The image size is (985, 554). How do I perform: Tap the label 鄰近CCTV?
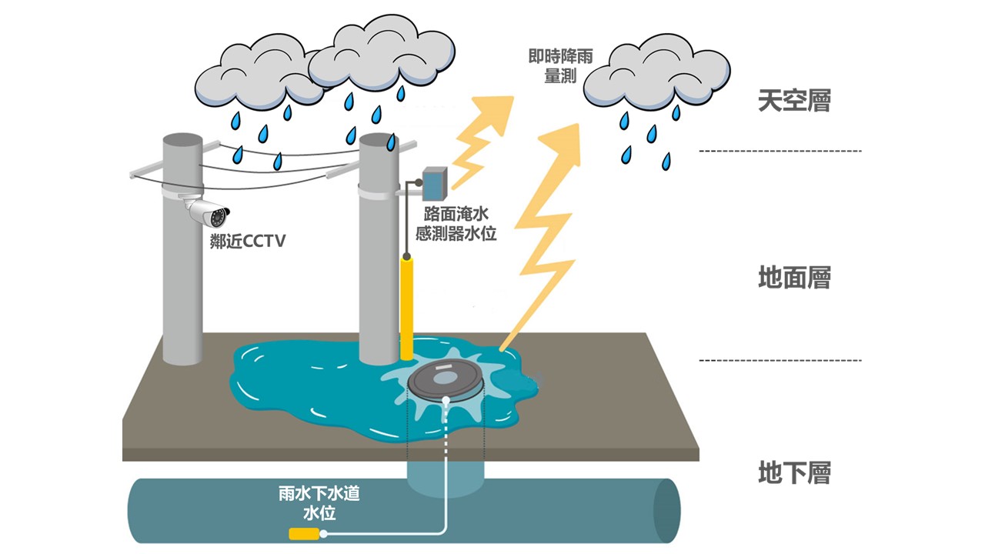click(248, 242)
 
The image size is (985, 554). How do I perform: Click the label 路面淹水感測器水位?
click(456, 224)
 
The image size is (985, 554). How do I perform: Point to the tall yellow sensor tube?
click(407, 308)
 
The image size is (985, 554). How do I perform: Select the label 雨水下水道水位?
click(319, 502)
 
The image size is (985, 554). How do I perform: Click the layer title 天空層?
click(794, 101)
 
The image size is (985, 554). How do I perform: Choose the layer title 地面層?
click(794, 278)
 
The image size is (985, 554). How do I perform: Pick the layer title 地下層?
click(794, 472)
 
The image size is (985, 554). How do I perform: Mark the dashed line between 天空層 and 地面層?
click(780, 151)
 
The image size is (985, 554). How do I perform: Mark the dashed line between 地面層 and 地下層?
click(780, 360)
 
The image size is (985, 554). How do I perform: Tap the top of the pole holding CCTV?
click(182, 142)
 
